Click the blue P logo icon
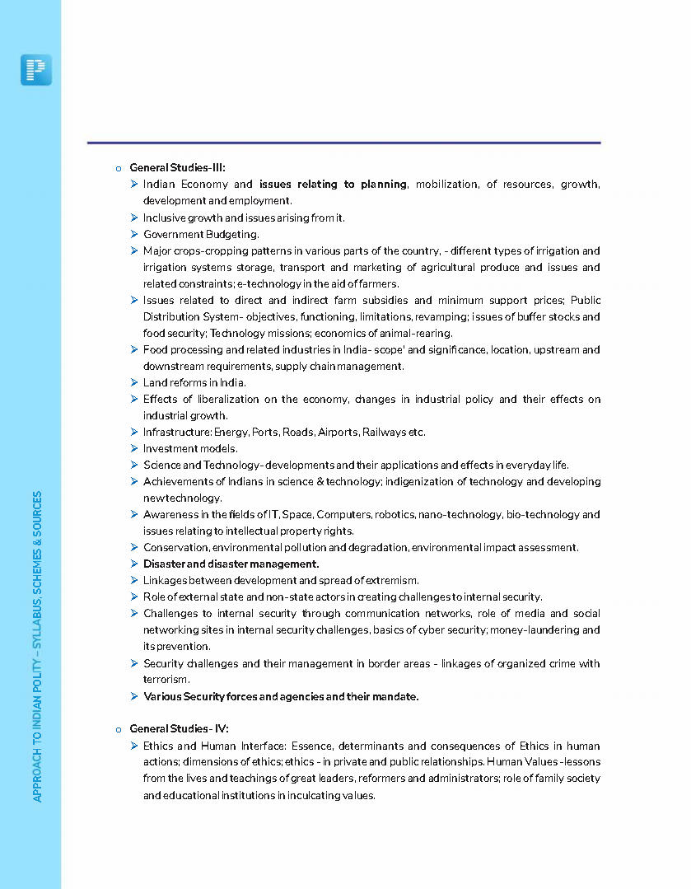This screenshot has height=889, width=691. (x=36, y=70)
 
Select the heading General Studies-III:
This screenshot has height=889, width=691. (x=177, y=167)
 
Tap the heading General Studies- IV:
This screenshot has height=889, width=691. (x=179, y=728)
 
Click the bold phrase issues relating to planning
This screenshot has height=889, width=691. (x=333, y=184)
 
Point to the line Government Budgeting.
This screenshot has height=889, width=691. (x=201, y=234)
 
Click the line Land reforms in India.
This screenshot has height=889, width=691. (x=194, y=382)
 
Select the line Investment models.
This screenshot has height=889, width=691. (x=190, y=448)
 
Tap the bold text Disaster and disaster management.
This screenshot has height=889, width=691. (x=231, y=564)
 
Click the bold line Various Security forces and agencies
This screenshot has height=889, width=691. (x=281, y=696)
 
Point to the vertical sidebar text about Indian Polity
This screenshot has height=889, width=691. (x=37, y=646)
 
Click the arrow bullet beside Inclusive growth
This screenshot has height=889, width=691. (x=133, y=218)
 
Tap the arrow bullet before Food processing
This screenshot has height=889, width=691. (x=133, y=349)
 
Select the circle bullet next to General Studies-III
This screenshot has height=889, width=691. (x=119, y=168)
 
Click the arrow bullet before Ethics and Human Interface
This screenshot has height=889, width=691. (x=133, y=745)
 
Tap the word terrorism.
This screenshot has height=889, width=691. (x=166, y=680)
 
